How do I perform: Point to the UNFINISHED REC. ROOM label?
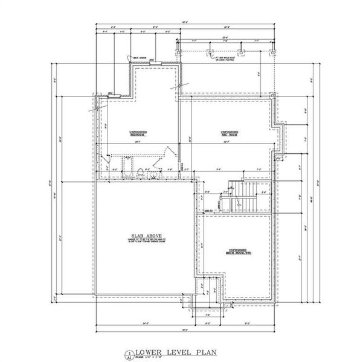(x=228, y=133)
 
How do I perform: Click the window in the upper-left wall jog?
(x=112, y=95)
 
